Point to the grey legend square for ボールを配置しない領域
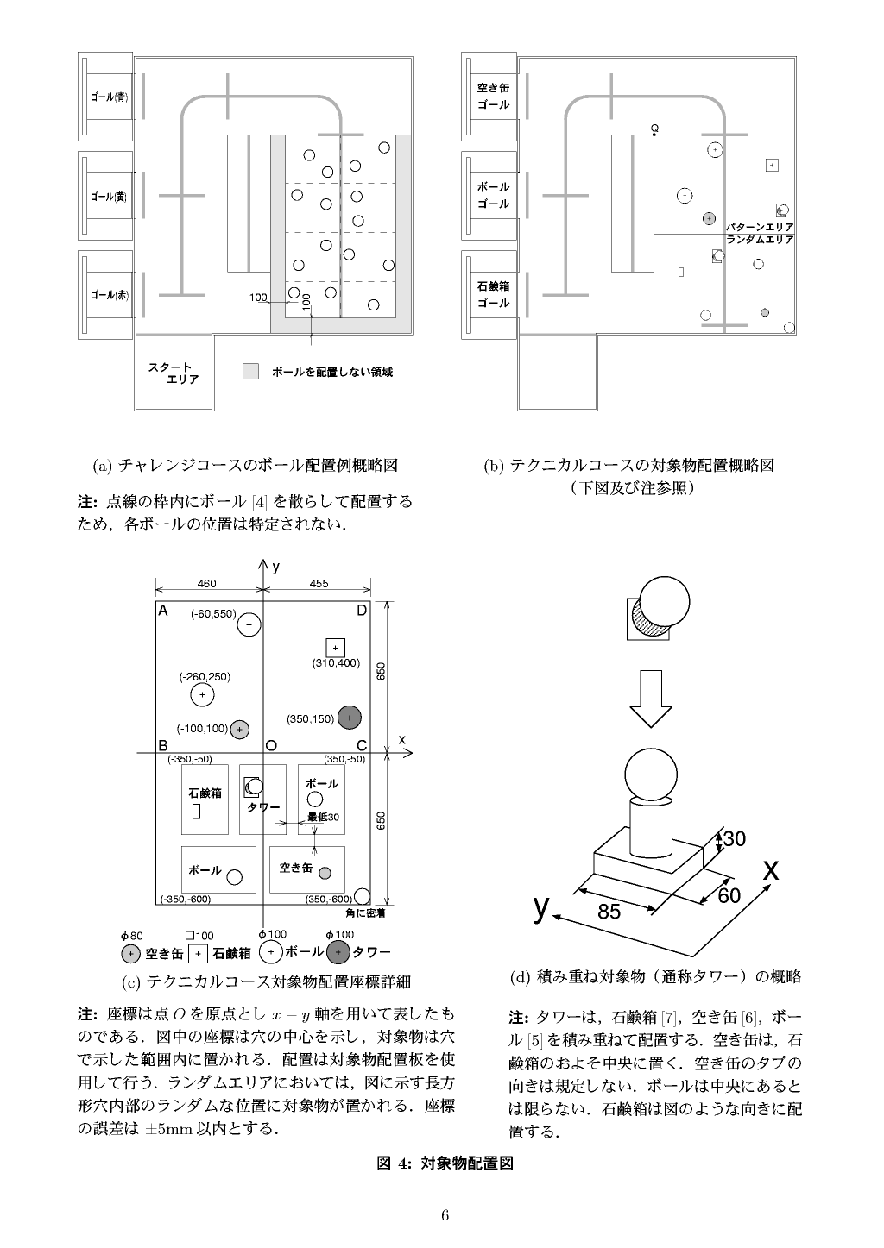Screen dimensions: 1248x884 [x=250, y=371]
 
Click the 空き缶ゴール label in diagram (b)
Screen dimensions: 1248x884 [x=493, y=96]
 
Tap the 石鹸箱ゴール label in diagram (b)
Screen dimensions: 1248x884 [x=493, y=294]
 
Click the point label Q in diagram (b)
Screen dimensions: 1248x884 [x=654, y=129]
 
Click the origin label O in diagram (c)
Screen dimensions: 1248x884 [x=271, y=745]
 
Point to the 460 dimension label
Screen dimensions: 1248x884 [x=207, y=584]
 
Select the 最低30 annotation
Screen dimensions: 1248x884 [x=324, y=817]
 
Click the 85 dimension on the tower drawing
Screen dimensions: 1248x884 [x=609, y=912]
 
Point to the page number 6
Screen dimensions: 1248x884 [x=445, y=1215]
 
